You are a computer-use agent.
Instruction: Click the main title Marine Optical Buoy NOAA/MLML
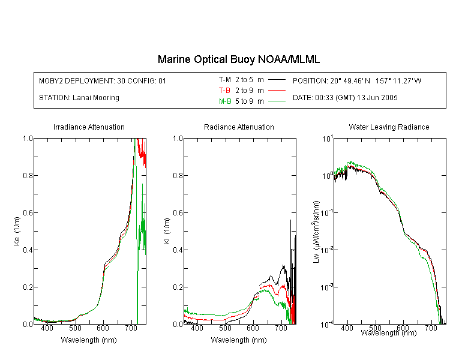pos(238,59)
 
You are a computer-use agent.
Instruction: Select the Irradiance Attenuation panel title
pos(89,127)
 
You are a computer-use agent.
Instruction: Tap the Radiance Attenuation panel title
pos(239,127)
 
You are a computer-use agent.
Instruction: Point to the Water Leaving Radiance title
pos(389,127)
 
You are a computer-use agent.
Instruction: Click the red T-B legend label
pos(224,91)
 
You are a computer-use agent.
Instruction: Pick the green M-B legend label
pos(225,101)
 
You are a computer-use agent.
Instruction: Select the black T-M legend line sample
pos(277,80)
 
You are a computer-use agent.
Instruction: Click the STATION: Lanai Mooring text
pos(79,98)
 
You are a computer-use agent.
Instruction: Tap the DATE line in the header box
pos(345,98)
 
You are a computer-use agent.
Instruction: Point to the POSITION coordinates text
pos(357,80)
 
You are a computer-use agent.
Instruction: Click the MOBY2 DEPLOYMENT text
pos(103,80)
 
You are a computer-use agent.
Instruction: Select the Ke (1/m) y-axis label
pos(17,231)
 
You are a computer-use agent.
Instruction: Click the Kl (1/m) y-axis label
pos(167,231)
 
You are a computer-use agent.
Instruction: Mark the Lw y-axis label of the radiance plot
pos(316,232)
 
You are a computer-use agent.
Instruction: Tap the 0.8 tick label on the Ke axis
pos(28,175)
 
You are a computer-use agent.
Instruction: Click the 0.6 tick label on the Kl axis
pos(178,213)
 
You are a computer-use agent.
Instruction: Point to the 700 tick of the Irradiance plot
pos(131,328)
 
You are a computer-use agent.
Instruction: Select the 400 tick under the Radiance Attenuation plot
pos(197,328)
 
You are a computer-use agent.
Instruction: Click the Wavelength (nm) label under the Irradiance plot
pos(89,340)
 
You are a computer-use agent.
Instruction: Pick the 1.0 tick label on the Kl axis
pos(178,139)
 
